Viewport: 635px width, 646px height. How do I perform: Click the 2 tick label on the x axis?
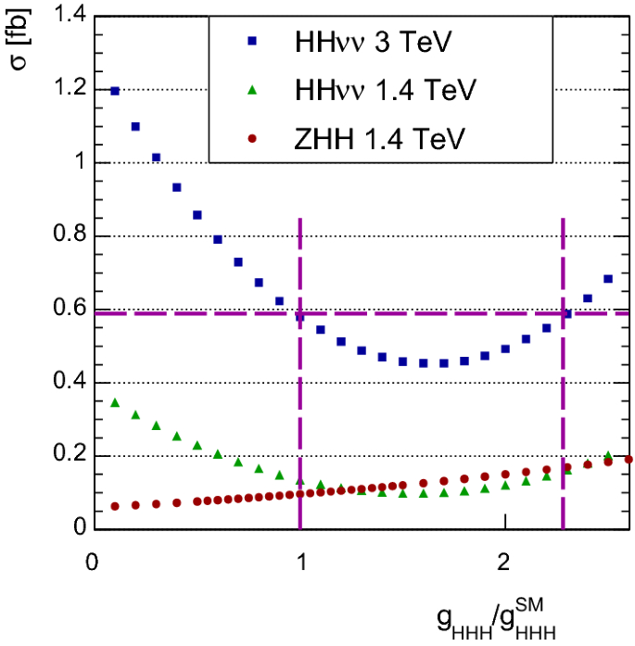(504, 563)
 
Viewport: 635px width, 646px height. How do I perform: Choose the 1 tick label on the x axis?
(299, 563)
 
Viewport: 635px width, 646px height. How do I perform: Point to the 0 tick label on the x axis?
(93, 563)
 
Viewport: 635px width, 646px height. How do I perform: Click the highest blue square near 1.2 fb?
(115, 91)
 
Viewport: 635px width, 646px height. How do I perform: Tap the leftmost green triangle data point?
(115, 402)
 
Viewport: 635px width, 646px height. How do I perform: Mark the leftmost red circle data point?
(115, 506)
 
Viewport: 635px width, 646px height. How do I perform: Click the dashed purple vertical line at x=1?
(299, 417)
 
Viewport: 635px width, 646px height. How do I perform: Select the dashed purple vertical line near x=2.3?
(563, 417)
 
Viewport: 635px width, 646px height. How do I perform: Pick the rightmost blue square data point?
(608, 278)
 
